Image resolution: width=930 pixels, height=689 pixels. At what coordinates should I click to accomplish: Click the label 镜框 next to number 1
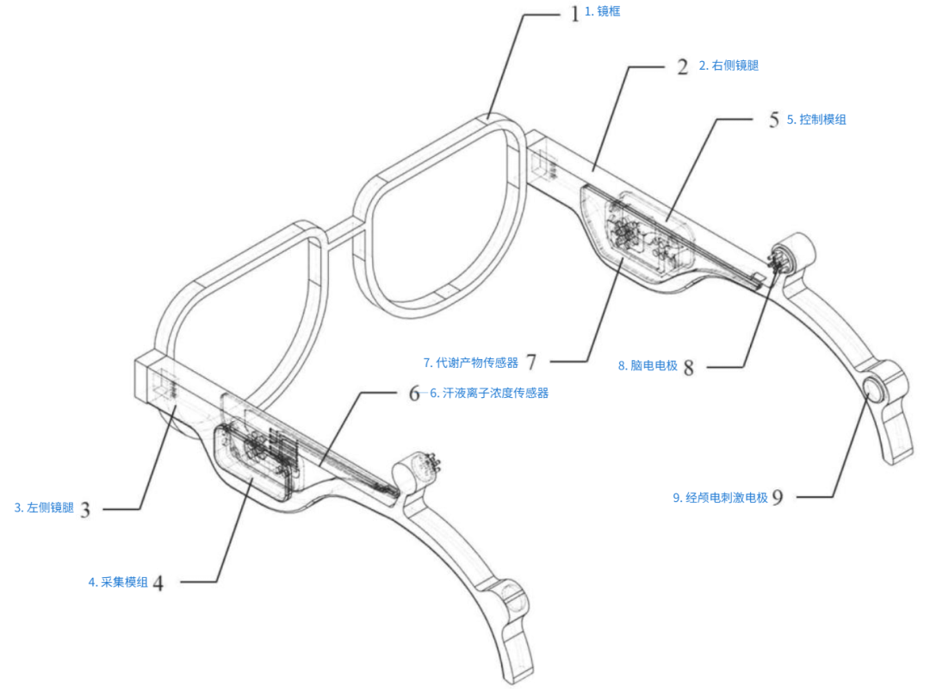click(x=602, y=12)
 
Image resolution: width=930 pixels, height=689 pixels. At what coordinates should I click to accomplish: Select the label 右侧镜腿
click(x=728, y=65)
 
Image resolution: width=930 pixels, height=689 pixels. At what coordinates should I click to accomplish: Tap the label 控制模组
click(x=816, y=120)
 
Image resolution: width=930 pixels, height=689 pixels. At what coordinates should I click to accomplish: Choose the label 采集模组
click(x=118, y=582)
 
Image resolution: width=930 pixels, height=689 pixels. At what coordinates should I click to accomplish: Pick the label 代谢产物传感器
click(x=471, y=363)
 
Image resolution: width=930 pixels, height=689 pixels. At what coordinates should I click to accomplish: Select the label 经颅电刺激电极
click(x=720, y=497)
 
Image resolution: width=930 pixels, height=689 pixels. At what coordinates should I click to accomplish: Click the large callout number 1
click(x=575, y=15)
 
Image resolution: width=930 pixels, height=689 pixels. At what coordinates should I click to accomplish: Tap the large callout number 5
click(x=773, y=121)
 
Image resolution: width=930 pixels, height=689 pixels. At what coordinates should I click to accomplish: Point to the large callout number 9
click(x=778, y=497)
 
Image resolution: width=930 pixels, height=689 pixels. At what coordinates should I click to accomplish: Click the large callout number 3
click(x=84, y=509)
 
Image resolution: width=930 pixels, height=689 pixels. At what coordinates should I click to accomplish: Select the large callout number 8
click(x=688, y=367)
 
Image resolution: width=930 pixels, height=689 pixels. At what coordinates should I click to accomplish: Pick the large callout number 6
click(x=415, y=394)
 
